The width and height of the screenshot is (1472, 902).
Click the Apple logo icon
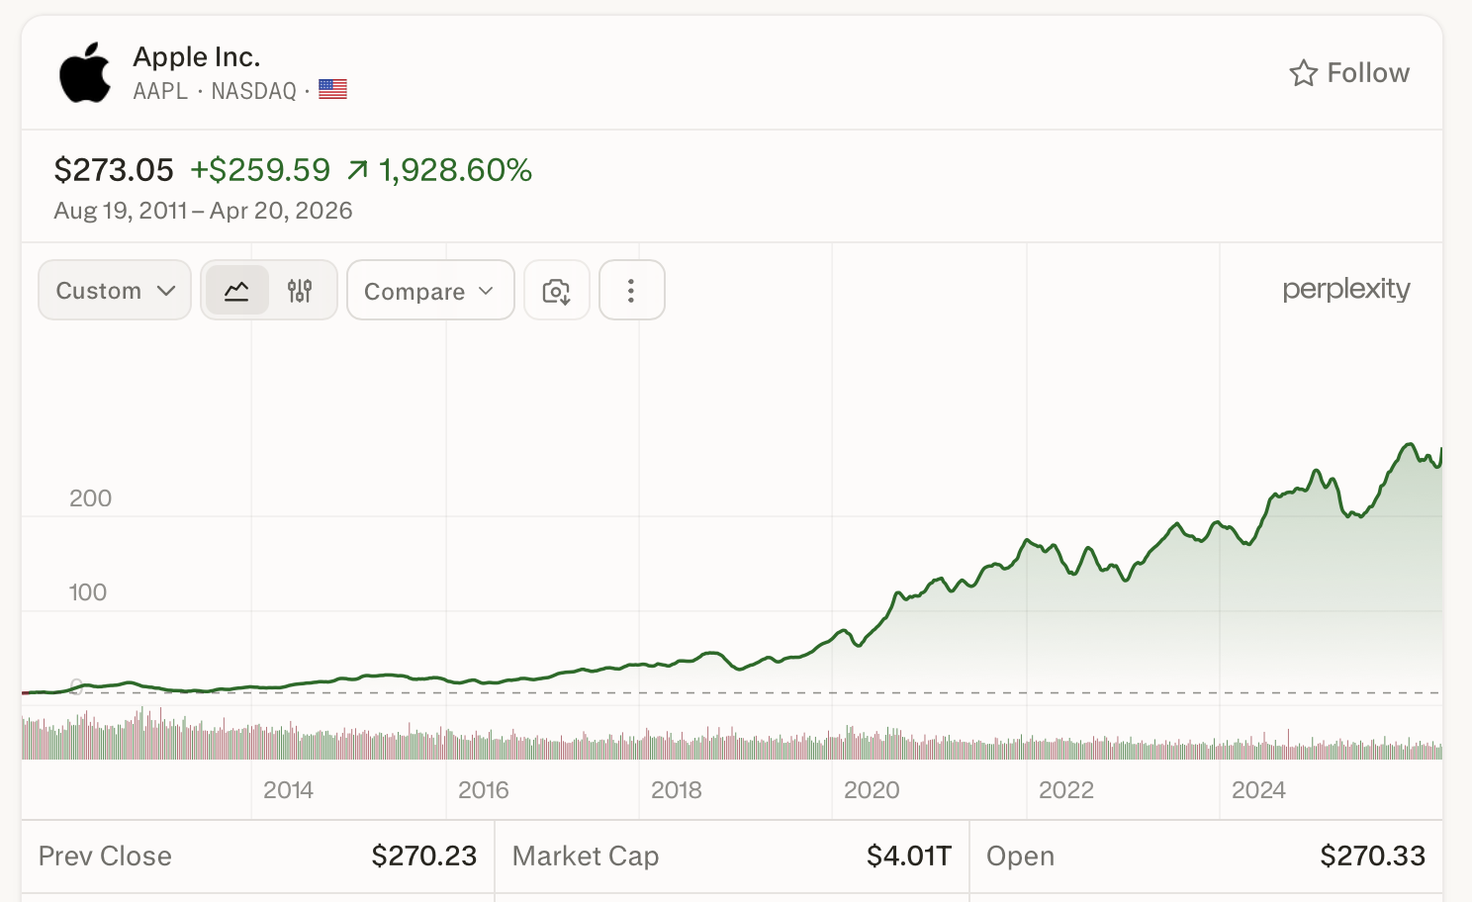(85, 72)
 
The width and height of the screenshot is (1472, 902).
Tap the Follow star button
(1348, 73)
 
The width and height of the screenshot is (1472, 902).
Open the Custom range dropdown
(115, 291)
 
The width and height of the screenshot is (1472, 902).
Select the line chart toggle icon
(237, 291)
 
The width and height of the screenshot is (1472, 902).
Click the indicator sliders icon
(300, 291)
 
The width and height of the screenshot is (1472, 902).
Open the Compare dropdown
(429, 291)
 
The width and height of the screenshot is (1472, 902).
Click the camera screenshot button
(557, 291)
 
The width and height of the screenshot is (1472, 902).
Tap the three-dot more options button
(631, 291)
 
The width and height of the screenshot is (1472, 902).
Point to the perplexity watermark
(1345, 289)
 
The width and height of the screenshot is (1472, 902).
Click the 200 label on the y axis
(90, 498)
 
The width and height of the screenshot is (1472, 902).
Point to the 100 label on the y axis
(87, 592)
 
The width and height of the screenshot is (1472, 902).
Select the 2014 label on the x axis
(288, 790)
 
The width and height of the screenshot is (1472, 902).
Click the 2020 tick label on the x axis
(872, 790)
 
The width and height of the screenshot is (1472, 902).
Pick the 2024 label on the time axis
(1258, 790)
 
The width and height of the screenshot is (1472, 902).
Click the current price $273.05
(114, 170)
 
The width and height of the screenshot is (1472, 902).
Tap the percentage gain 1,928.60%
(455, 170)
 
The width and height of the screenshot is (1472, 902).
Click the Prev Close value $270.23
(423, 856)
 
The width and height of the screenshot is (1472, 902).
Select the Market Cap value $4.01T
(908, 856)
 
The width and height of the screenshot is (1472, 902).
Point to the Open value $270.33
(1372, 856)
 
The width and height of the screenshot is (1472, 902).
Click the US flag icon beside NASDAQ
(332, 90)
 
